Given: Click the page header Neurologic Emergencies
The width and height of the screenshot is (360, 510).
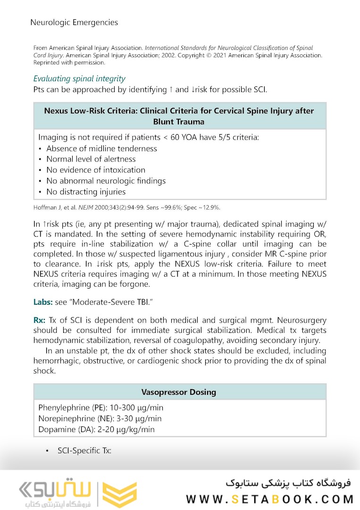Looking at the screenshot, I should (74, 22).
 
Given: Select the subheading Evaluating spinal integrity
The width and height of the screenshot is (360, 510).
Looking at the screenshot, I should (79, 78).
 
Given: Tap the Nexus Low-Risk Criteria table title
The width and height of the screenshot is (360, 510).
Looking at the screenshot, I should (179, 116).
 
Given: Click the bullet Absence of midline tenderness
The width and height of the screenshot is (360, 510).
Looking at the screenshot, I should (101, 148).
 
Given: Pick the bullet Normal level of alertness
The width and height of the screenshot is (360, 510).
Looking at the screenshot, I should (91, 159).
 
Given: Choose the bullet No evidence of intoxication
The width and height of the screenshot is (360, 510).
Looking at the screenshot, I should (95, 170).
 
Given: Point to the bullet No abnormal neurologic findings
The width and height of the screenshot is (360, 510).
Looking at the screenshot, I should (106, 181).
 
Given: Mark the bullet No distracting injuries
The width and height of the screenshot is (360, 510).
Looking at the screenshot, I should (86, 192).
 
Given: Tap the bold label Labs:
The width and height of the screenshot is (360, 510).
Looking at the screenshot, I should (43, 301).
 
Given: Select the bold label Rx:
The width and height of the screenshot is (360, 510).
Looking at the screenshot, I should (39, 320).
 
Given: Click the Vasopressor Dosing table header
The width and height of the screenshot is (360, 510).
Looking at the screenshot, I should (179, 392).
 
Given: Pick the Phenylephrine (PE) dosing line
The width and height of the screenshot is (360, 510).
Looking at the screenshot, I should (101, 408).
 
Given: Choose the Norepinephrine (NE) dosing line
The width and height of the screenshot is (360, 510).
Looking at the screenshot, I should (100, 418).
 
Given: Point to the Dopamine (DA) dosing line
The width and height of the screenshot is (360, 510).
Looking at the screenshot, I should (96, 429).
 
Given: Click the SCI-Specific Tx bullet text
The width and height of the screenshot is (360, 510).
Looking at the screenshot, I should (84, 450).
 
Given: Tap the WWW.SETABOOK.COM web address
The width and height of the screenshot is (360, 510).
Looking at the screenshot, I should (270, 499).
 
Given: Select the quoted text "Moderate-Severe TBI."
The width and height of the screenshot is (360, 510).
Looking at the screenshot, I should (101, 301).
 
